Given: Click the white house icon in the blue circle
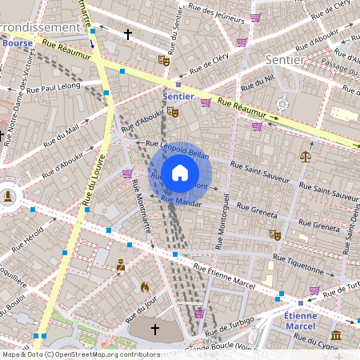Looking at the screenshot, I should pyautogui.click(x=180, y=172).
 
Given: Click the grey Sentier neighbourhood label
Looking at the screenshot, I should pyautogui.click(x=283, y=60).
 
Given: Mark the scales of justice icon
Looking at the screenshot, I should pyautogui.click(x=305, y=156).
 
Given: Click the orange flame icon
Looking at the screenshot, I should pyautogui.click(x=145, y=286).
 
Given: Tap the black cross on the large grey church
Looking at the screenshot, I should pyautogui.click(x=155, y=329).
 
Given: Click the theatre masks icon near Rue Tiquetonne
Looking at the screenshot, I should pyautogui.click(x=274, y=234).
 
